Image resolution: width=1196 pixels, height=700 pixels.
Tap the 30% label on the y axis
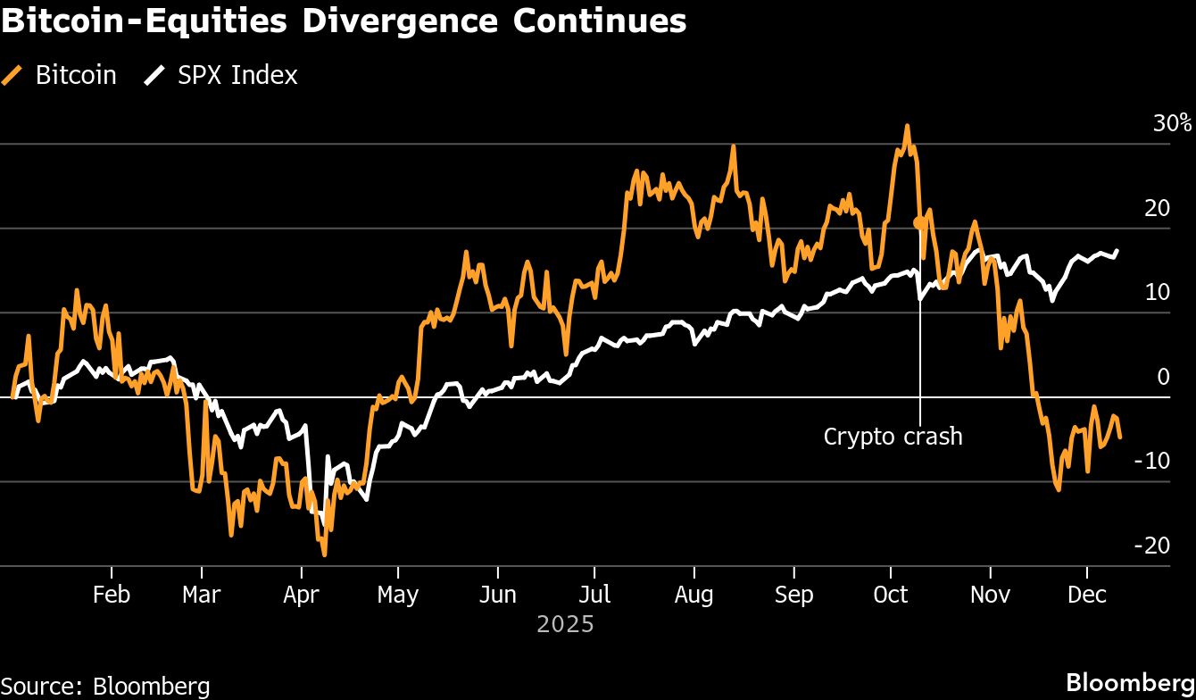coord(1172,123)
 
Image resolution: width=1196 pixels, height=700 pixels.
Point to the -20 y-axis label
coord(1151,545)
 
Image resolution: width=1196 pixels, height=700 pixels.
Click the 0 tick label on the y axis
coord(1163,377)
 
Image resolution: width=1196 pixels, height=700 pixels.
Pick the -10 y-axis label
coord(1151,461)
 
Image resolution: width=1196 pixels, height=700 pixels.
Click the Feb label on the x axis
coord(112,595)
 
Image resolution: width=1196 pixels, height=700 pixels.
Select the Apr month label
coord(301,595)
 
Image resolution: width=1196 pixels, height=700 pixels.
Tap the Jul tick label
coord(594,595)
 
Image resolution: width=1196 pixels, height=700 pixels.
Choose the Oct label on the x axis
coord(890,595)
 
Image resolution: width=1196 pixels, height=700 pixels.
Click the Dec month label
coord(1086,595)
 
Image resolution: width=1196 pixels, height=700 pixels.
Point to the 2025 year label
coord(565,623)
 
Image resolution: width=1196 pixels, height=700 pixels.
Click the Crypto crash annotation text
coord(893,437)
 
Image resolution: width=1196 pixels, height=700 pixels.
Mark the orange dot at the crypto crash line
coord(918,223)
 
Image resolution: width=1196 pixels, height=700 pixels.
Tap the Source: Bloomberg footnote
coord(105,686)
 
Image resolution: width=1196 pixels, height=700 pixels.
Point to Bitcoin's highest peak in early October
coord(907,126)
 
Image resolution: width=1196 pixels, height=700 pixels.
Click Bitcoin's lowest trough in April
coord(324,555)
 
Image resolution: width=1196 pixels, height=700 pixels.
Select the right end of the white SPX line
coord(1117,251)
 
